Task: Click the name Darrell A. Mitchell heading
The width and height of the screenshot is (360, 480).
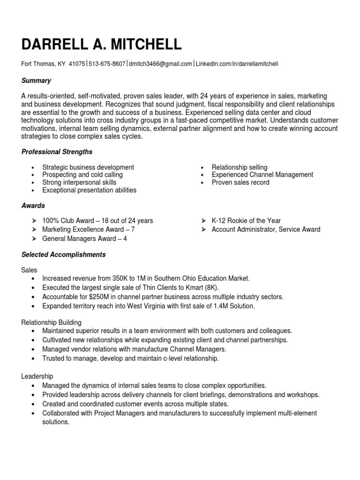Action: pos(101,44)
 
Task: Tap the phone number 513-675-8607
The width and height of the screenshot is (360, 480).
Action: pos(107,64)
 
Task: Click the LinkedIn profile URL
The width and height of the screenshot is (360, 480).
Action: pos(237,64)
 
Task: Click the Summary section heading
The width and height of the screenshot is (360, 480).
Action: pos(36,81)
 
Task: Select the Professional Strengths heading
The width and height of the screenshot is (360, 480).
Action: pos(57,152)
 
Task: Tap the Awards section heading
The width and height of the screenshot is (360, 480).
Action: pos(33,205)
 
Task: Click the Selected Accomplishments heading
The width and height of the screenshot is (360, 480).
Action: pos(63,255)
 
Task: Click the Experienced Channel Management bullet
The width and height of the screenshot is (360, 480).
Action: pos(262,174)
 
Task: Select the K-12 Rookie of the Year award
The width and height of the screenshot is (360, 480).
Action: pos(246,220)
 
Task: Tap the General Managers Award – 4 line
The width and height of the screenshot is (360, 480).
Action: pos(84,239)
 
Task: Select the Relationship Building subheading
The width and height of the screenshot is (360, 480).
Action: pos(52,322)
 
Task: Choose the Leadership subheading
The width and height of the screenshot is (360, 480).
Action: pos(37,376)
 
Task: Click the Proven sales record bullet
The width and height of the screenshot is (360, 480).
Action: pos(240,182)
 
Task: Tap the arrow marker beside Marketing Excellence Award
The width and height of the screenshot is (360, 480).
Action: pos(34,230)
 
